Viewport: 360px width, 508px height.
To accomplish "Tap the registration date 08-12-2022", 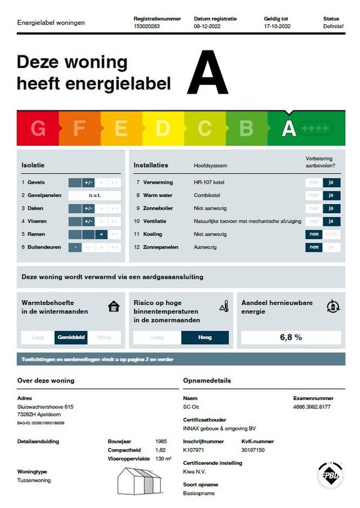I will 206,26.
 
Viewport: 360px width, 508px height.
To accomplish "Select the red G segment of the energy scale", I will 38,128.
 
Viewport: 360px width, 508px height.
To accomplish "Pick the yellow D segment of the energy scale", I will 163,128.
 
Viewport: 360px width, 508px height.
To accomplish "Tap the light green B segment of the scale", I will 246,128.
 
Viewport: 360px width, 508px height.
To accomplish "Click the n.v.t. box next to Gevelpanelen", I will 95,195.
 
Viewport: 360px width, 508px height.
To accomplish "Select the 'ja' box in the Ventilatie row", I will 331,221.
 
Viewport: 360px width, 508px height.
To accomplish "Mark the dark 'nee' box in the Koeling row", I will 313,234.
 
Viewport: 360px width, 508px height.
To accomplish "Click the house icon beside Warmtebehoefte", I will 113,307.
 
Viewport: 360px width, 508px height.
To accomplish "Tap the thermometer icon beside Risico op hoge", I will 224,307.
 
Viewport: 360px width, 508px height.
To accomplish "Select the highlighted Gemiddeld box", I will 71,337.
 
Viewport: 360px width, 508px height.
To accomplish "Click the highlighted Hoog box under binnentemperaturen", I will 205,337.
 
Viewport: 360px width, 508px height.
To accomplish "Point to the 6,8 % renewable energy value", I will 290,337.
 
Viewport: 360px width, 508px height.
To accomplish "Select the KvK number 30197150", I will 253,449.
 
